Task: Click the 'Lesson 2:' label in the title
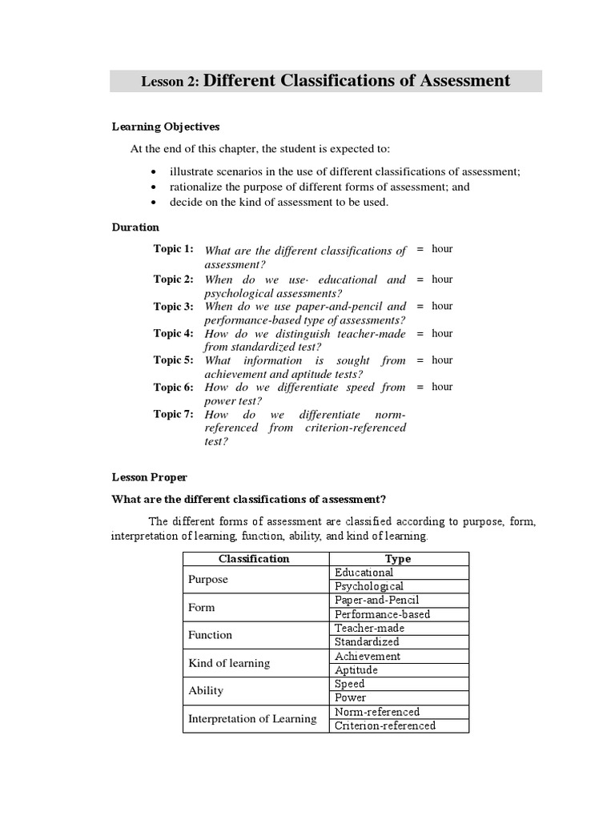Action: pos(171,82)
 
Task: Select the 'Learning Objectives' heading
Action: pos(166,127)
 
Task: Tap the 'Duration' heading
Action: pos(135,227)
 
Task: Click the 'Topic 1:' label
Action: pos(174,249)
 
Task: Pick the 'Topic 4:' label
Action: pos(174,333)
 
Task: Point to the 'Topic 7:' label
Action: pos(174,414)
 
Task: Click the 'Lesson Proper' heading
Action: pos(149,477)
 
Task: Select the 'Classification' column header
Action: pos(254,559)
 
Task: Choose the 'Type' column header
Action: pos(398,559)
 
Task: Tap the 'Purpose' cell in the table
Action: pos(207,579)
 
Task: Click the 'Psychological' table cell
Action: pos(369,586)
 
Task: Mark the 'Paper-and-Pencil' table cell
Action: pos(377,600)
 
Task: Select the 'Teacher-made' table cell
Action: pos(371,628)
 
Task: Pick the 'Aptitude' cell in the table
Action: pos(356,669)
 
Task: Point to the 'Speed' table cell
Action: pos(350,684)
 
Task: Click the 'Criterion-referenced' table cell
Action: pos(385,726)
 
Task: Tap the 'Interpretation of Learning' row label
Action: pos(252,718)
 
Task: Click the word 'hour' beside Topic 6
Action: pos(442,387)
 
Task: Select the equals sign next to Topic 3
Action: pos(420,306)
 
